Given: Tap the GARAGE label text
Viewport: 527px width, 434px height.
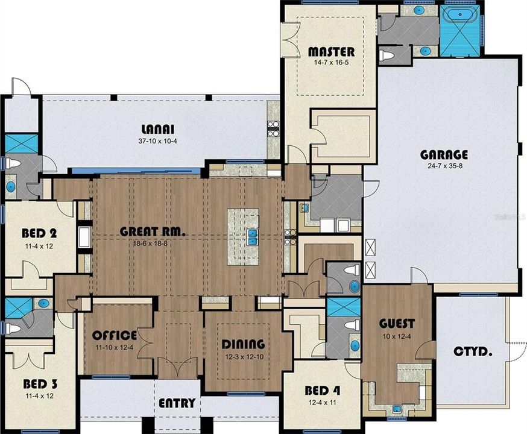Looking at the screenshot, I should coord(444,155).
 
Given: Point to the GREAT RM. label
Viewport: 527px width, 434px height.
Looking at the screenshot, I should coord(152,231).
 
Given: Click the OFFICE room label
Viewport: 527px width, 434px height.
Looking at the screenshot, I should coord(115,335).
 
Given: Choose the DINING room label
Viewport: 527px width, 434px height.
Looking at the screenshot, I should coord(244,344).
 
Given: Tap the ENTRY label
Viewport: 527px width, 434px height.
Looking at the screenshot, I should coord(176,403).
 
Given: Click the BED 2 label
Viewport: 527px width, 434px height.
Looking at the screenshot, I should coord(38,233).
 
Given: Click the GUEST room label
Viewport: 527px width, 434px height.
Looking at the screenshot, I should coord(397,324).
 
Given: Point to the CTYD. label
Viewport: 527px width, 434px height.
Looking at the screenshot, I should coord(471,350).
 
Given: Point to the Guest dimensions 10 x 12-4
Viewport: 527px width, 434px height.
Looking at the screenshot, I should coord(397,336).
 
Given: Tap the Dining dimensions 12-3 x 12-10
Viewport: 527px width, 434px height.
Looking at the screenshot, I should coord(244,357).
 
